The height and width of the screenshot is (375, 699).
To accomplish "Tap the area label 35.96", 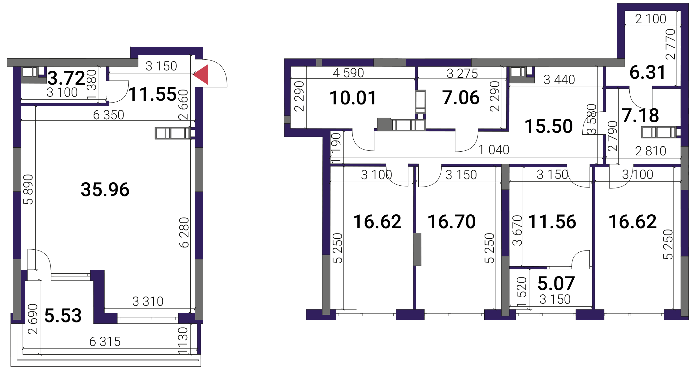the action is [x=105, y=189].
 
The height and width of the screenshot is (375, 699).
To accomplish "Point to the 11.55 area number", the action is [x=153, y=94].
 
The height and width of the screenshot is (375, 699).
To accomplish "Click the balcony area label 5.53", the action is [x=63, y=315].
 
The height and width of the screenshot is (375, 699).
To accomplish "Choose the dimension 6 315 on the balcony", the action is [x=105, y=342].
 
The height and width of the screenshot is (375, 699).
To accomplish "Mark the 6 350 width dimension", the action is [x=109, y=115].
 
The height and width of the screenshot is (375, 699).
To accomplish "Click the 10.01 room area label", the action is [x=353, y=98].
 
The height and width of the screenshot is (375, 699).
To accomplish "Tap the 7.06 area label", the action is [x=461, y=98].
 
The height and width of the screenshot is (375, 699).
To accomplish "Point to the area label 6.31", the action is [x=648, y=72].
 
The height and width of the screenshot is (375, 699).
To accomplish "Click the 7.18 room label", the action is [x=641, y=115].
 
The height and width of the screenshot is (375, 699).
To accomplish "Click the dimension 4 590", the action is [x=348, y=73].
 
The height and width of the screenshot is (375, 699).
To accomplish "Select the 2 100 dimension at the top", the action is [x=651, y=19].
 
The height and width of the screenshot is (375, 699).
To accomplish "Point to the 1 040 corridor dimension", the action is [x=494, y=150].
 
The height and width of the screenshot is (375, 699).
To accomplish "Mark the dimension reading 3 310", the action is [x=148, y=301].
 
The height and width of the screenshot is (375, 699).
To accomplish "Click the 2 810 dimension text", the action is [x=651, y=151].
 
